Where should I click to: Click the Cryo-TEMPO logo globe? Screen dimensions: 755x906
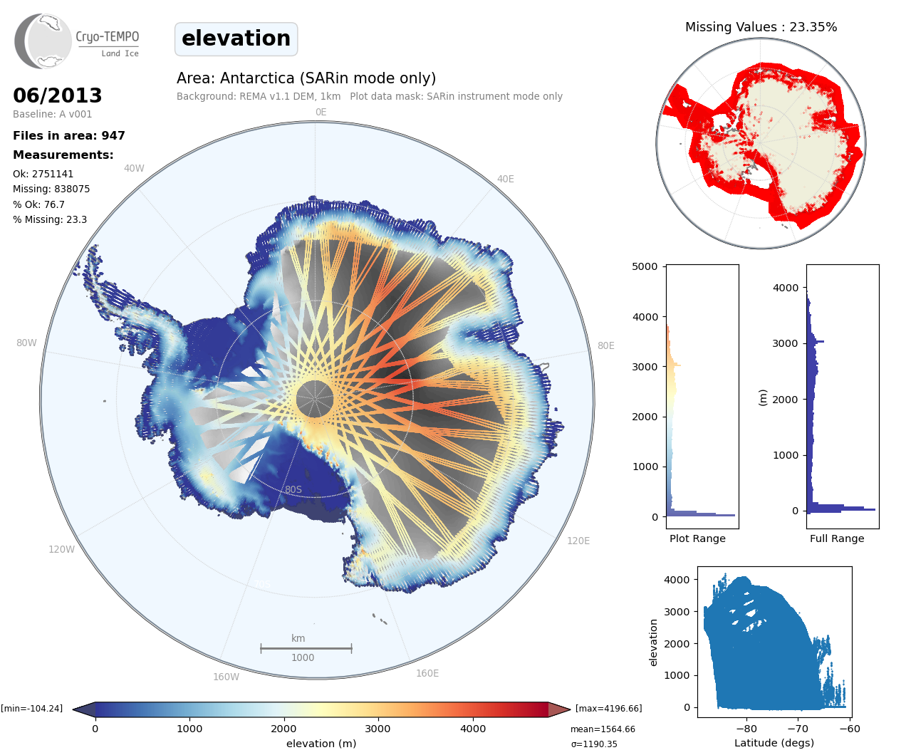pyautogui.click(x=43, y=41)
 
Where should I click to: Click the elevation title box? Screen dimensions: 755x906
pyautogui.click(x=236, y=38)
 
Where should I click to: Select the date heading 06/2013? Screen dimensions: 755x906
pyautogui.click(x=58, y=95)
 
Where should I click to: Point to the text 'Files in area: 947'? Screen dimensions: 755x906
pyautogui.click(x=69, y=135)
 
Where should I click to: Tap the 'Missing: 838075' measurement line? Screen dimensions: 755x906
pyautogui.click(x=51, y=189)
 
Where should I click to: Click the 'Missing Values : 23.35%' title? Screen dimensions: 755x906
pyautogui.click(x=761, y=27)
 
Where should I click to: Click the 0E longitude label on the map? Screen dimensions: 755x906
pyautogui.click(x=321, y=112)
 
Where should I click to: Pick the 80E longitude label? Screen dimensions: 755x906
pyautogui.click(x=605, y=345)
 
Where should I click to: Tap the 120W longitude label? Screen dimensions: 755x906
pyautogui.click(x=61, y=549)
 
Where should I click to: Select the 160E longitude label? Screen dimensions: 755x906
pyautogui.click(x=427, y=673)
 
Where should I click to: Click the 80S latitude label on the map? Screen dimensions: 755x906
pyautogui.click(x=293, y=489)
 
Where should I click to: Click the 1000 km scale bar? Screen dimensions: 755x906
pyautogui.click(x=306, y=648)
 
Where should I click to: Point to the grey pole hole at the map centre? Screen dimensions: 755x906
pyautogui.click(x=314, y=398)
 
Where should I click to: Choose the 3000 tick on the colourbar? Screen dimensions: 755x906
pyautogui.click(x=377, y=729)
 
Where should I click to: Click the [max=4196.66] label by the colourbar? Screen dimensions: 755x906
pyautogui.click(x=608, y=708)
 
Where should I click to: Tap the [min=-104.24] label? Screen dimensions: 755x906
pyautogui.click(x=32, y=708)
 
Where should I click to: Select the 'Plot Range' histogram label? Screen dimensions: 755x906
pyautogui.click(x=697, y=538)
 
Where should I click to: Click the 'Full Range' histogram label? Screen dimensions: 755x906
pyautogui.click(x=837, y=538)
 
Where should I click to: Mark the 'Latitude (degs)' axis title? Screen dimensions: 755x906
pyautogui.click(x=774, y=743)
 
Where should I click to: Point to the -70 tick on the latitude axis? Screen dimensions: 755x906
pyautogui.click(x=798, y=729)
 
